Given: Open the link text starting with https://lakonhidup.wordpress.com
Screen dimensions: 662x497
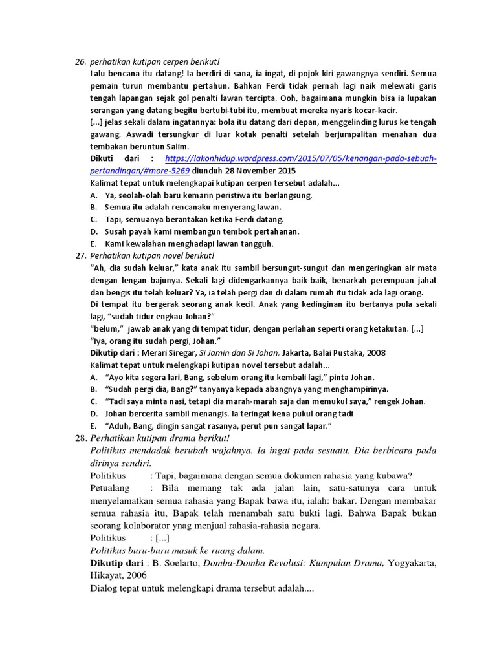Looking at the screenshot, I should pyautogui.click(x=301, y=159).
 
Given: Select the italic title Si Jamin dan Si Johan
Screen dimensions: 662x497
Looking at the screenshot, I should pyautogui.click(x=239, y=353).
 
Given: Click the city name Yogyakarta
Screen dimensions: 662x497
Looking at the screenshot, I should pyautogui.click(x=412, y=562).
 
